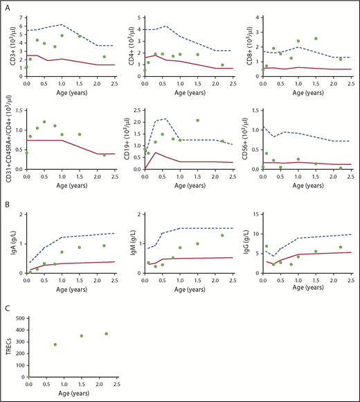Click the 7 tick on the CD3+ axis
click(x=22, y=16)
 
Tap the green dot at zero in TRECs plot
click(x=27, y=376)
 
